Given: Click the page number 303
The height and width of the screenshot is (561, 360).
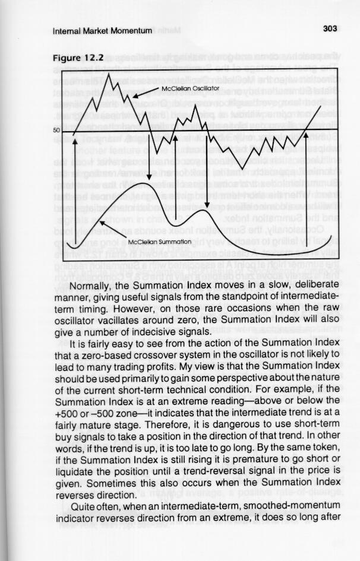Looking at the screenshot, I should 330,29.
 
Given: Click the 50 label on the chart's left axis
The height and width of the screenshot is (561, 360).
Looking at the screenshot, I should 56,129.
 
